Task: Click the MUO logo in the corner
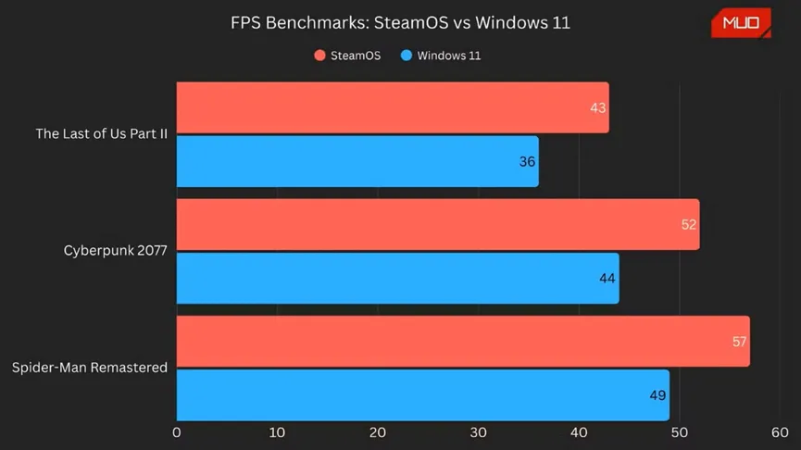740,22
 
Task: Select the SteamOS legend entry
347,56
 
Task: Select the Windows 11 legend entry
441,56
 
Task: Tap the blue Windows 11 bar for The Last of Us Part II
357,161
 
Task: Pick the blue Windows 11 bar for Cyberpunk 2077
397,278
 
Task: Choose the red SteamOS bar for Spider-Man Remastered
462,342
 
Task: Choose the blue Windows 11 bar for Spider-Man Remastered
422,395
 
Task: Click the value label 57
739,342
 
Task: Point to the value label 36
527,161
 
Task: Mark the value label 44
607,278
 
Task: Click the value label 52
688,224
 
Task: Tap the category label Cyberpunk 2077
115,251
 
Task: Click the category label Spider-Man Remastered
89,368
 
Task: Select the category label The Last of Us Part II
101,134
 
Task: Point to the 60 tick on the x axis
779,432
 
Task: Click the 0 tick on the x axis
177,432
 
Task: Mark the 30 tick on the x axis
478,432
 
